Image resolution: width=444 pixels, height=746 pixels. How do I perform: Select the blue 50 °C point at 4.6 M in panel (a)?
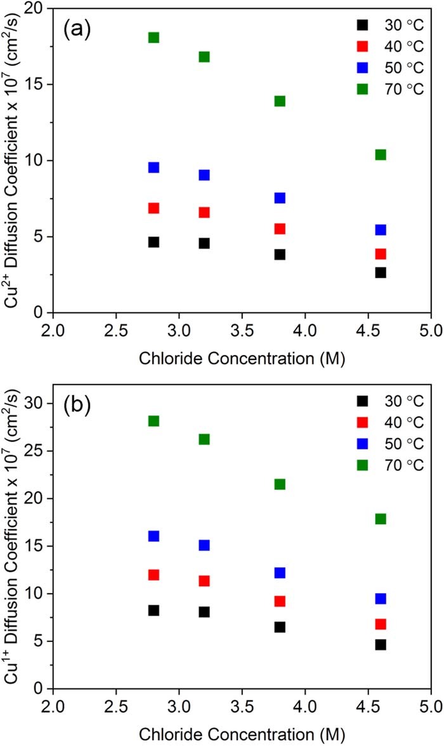(x=381, y=229)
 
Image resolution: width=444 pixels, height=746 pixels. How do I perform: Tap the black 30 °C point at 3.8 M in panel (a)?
(x=280, y=254)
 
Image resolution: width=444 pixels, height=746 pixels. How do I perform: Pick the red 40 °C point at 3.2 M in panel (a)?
(x=204, y=212)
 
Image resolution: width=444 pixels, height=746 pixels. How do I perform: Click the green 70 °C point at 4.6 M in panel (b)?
(x=381, y=518)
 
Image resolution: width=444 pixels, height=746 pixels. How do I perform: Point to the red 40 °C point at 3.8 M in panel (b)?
(x=280, y=601)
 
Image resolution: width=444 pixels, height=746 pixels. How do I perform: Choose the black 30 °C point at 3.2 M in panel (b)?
(x=204, y=612)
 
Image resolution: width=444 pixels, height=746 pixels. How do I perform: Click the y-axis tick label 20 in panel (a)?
(x=37, y=9)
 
